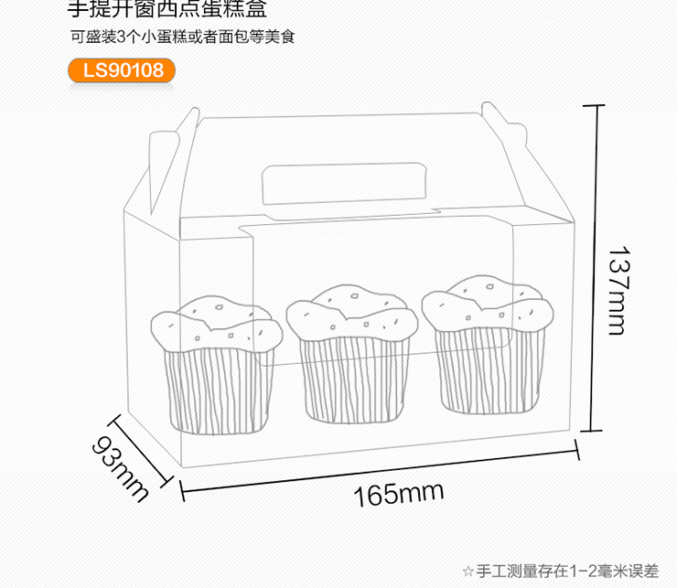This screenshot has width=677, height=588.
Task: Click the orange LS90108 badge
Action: (x=122, y=70)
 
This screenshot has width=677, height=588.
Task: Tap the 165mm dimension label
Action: (x=398, y=495)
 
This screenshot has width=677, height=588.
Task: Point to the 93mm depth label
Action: (x=120, y=466)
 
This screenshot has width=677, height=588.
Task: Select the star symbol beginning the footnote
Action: (x=468, y=572)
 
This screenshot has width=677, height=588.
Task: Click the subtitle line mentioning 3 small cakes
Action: (x=184, y=38)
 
